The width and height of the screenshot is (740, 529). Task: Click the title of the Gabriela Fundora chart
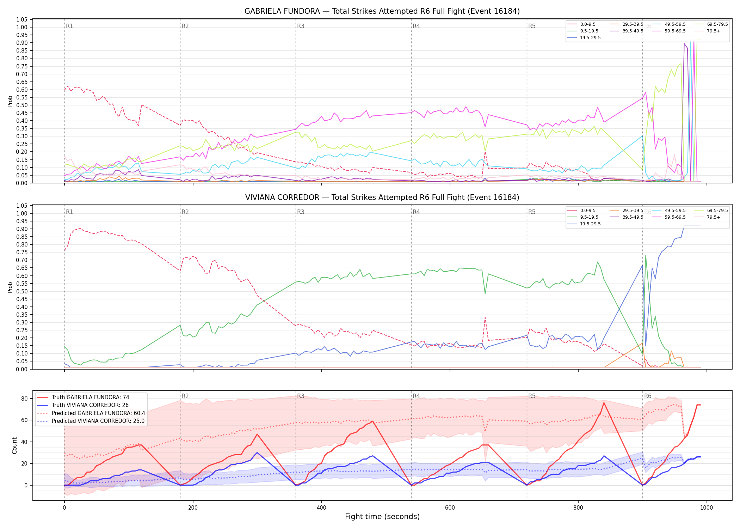(x=382, y=11)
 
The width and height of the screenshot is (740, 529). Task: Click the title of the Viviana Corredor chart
(x=382, y=197)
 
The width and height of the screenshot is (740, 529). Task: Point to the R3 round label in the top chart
(x=301, y=26)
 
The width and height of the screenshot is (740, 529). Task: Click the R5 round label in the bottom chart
(x=532, y=396)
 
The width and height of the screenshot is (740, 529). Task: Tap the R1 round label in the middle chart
(x=69, y=212)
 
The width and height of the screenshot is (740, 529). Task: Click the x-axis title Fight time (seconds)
(x=382, y=517)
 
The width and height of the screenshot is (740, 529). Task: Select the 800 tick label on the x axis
(x=578, y=508)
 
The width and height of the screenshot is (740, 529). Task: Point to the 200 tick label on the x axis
(x=193, y=508)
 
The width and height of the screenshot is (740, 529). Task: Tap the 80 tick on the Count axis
(x=24, y=399)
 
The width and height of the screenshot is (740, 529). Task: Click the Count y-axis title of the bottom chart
(x=14, y=445)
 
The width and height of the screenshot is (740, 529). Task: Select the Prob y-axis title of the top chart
(x=10, y=101)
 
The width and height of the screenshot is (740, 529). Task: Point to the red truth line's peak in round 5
(x=604, y=403)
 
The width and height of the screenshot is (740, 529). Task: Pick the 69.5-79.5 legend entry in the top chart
(x=717, y=24)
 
